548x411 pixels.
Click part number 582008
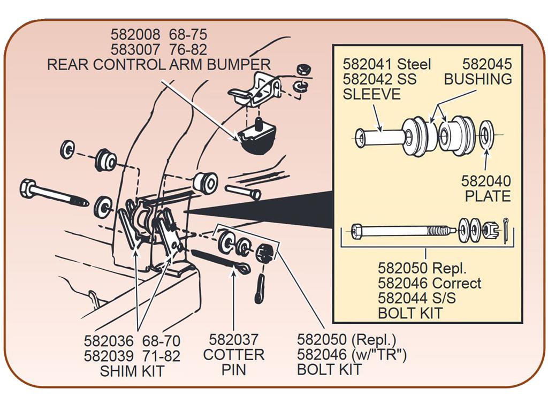pos(135,35)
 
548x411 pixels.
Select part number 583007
pos(135,50)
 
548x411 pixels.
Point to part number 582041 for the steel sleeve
pos(367,64)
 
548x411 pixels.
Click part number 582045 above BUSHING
pos(487,64)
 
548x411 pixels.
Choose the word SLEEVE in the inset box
pos(371,94)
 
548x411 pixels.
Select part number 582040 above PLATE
pos(486,181)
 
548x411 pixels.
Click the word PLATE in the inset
pos(488,196)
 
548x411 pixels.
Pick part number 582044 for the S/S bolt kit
pos(402,298)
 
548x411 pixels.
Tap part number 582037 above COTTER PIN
pos(233,340)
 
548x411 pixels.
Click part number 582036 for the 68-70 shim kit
pos(109,341)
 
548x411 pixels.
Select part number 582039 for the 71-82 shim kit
pos(109,356)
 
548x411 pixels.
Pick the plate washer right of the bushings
pos(486,134)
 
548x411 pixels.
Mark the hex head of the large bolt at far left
pos(28,189)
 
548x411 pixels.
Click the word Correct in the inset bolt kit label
pos(456,283)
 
